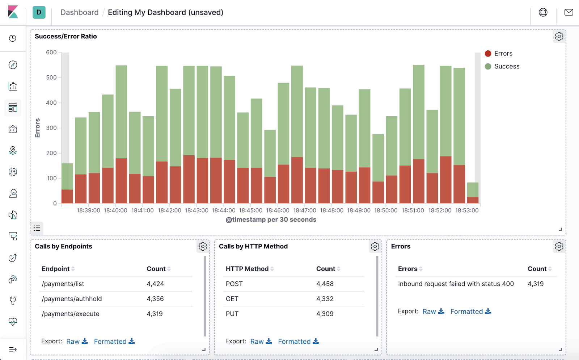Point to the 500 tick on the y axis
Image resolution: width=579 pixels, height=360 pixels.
click(51, 78)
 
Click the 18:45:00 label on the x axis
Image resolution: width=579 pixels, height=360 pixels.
click(250, 210)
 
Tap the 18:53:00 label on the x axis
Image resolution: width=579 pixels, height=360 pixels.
click(466, 210)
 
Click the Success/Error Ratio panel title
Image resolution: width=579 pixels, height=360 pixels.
click(66, 36)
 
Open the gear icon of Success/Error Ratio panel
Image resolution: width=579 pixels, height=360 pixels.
click(559, 37)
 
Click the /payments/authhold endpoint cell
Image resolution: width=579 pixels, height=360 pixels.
click(72, 299)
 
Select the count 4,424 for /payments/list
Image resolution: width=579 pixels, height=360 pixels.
click(155, 284)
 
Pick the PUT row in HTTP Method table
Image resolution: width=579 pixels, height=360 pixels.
click(232, 314)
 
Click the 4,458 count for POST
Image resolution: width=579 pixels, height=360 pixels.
click(325, 284)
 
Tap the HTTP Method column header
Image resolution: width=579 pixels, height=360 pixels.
click(247, 269)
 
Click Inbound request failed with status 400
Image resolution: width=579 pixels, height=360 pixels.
click(456, 284)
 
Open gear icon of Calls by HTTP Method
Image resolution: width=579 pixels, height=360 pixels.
click(375, 247)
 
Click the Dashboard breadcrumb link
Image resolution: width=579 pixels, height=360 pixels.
click(79, 12)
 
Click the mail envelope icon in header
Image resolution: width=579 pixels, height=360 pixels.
click(569, 12)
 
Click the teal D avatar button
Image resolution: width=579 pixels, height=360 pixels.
click(39, 12)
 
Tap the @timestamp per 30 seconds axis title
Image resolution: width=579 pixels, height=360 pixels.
click(271, 219)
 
